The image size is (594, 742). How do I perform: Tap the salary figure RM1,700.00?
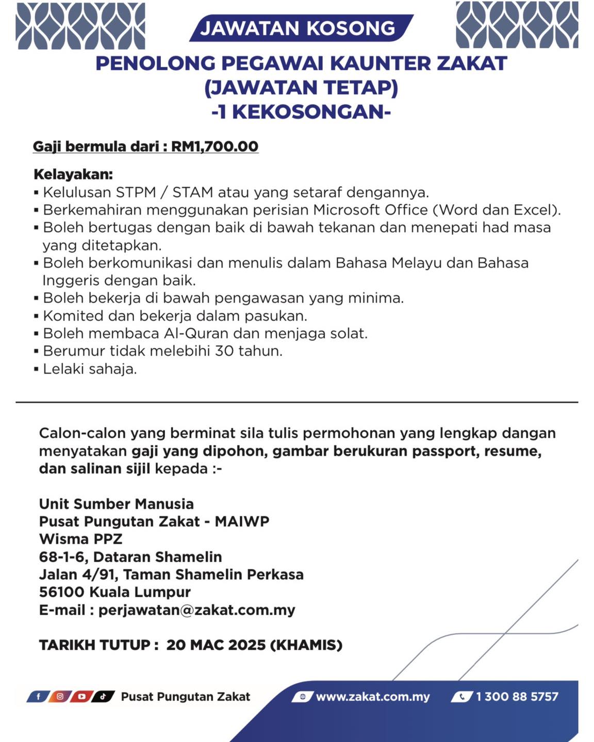(x=214, y=146)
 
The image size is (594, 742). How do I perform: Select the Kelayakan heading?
(x=73, y=174)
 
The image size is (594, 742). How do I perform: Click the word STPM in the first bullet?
(x=136, y=193)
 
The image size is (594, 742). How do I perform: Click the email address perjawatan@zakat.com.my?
(x=196, y=610)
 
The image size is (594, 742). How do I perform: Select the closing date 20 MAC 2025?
(x=216, y=645)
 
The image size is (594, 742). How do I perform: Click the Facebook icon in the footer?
(x=38, y=697)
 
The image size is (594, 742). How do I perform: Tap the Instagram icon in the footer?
(x=60, y=697)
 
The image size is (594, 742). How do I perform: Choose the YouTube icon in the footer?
(x=81, y=697)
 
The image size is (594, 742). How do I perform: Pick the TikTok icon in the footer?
(x=103, y=697)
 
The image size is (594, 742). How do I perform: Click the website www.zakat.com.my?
(x=372, y=697)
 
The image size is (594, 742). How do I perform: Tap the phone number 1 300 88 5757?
(x=517, y=697)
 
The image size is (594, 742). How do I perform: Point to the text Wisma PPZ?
(x=80, y=539)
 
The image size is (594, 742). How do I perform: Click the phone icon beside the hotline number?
(x=462, y=697)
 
